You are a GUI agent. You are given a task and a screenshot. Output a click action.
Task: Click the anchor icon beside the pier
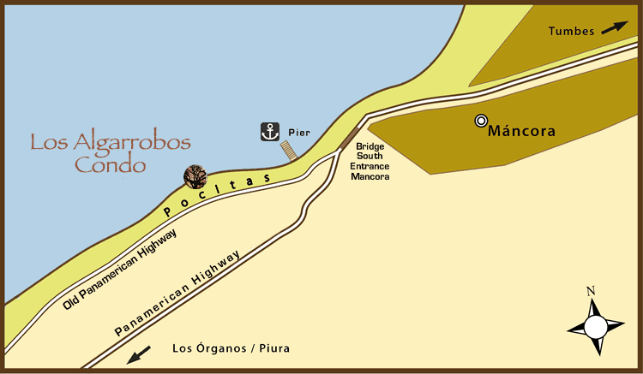point(271,132)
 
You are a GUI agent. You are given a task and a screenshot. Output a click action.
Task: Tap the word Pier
point(298,133)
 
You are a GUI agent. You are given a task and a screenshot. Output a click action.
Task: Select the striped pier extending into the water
point(291,151)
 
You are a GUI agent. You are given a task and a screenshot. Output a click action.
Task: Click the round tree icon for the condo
point(195,176)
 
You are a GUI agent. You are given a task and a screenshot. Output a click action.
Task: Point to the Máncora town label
point(521,132)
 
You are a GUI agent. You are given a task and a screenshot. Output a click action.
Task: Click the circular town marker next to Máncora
point(481,122)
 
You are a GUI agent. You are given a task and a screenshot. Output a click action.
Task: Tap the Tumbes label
point(571,32)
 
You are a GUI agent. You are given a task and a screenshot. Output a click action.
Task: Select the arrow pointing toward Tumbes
point(614,28)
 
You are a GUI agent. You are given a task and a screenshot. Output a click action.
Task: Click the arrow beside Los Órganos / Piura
point(139,354)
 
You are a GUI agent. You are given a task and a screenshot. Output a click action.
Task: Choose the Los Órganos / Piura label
point(231,348)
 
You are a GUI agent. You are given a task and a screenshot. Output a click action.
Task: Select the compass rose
point(596,326)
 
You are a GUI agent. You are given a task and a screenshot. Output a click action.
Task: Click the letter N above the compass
point(591,291)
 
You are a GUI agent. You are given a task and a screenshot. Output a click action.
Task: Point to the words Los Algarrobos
point(111,142)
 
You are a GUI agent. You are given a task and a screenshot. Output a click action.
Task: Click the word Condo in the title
point(109,165)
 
